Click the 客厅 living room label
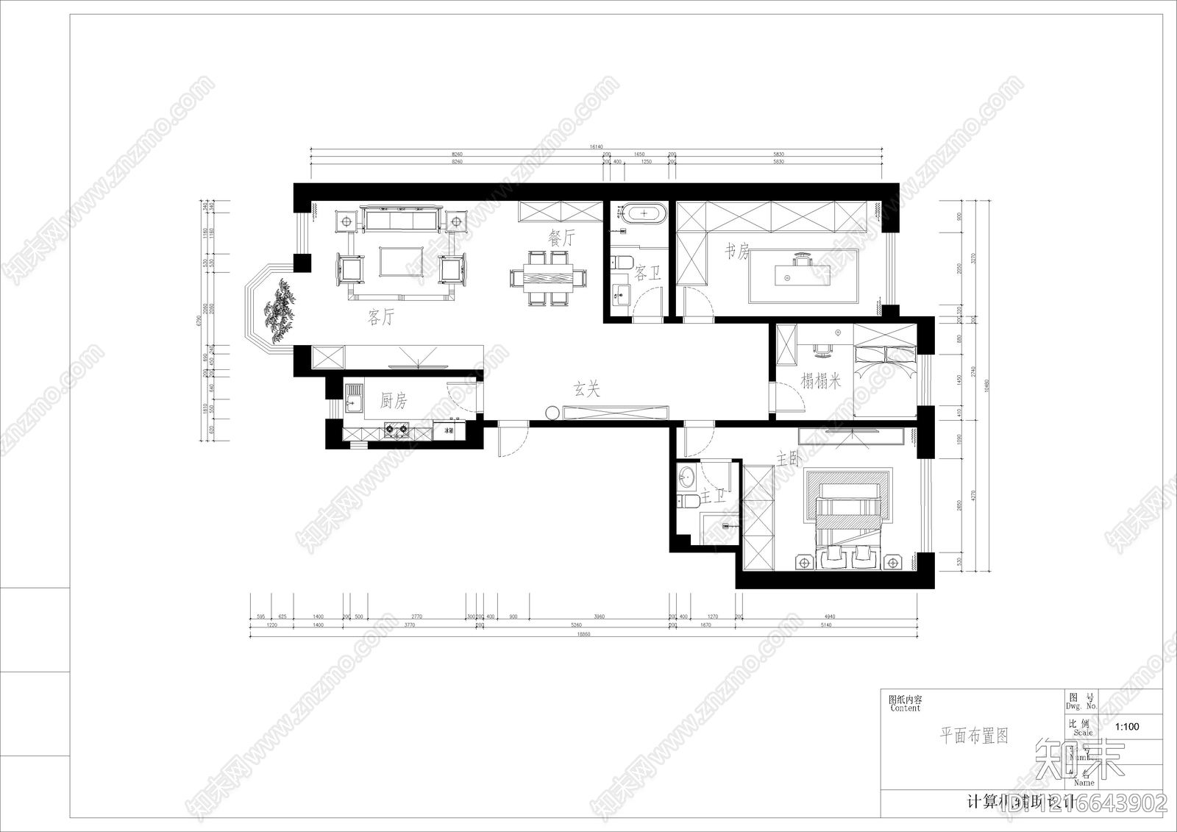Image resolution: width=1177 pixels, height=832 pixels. (x=381, y=318)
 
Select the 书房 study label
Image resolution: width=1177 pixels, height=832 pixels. (x=737, y=252)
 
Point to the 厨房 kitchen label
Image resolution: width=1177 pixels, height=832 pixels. (x=394, y=401)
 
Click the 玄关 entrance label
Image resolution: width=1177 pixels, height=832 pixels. (x=587, y=389)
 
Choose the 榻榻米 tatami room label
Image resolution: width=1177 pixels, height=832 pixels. (x=821, y=381)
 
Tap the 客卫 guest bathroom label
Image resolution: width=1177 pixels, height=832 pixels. (x=648, y=274)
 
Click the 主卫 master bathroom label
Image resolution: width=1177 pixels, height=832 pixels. (x=713, y=497)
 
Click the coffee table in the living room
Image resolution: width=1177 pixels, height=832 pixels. (x=401, y=261)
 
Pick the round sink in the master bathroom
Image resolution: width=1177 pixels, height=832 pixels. (x=686, y=477)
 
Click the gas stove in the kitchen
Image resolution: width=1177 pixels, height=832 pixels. (x=396, y=430)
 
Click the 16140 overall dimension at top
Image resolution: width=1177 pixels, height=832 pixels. (x=596, y=147)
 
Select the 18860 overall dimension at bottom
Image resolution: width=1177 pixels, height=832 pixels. (x=583, y=634)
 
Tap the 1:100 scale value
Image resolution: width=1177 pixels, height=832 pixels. (x=1126, y=727)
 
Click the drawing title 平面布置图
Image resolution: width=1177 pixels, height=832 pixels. (x=974, y=736)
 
